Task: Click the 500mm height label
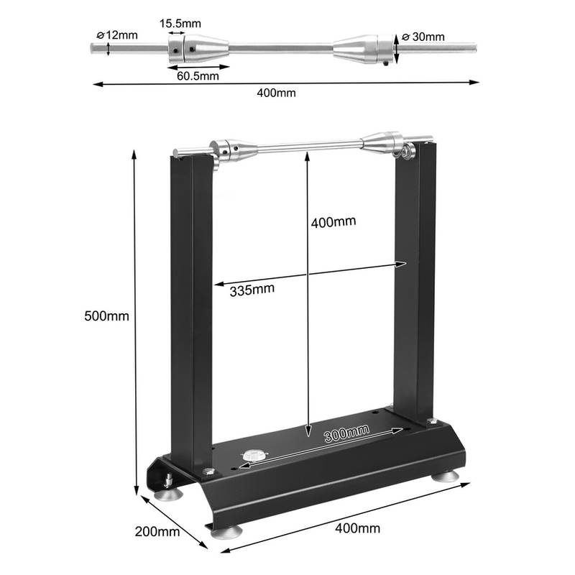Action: (x=106, y=316)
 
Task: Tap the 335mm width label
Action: (x=252, y=290)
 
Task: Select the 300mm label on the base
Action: (x=346, y=433)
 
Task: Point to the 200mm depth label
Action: (x=157, y=532)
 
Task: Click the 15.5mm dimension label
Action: (x=180, y=24)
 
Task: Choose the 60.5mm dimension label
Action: (x=198, y=76)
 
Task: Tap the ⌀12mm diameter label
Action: (x=117, y=35)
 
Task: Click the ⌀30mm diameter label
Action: (x=423, y=37)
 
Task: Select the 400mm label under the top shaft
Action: (x=276, y=93)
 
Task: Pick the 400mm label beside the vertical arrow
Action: (x=333, y=222)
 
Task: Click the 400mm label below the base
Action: (x=357, y=528)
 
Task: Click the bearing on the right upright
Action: (x=407, y=151)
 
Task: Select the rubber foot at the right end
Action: (x=445, y=476)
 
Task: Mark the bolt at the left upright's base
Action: (x=209, y=471)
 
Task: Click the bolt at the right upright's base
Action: (x=432, y=421)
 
